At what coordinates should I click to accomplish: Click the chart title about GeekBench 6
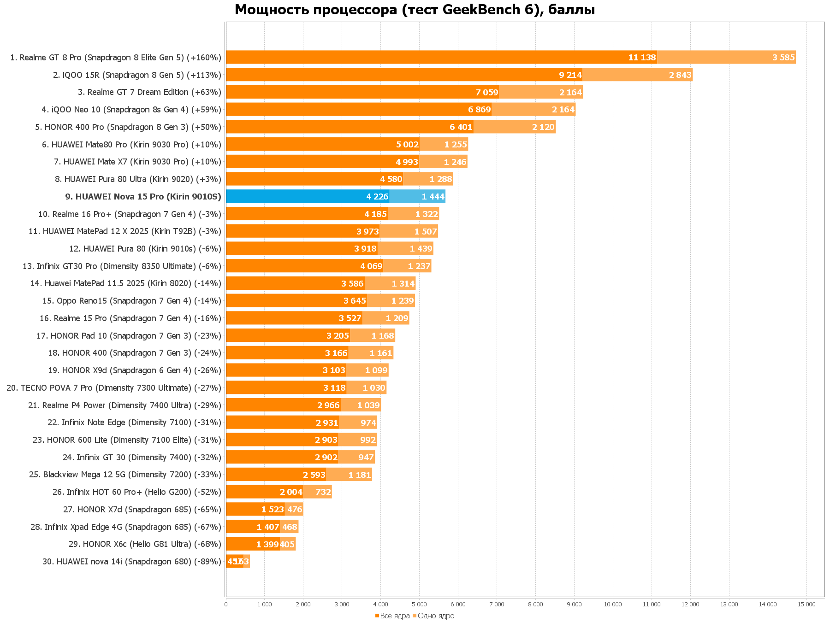tap(415, 10)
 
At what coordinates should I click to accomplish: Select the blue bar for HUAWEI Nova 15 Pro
tap(307, 197)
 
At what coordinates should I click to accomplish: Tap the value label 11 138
tap(642, 58)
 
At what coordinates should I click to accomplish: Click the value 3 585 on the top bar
tap(783, 58)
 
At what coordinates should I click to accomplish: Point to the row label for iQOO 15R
tap(137, 75)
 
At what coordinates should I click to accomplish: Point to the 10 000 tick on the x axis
tap(613, 604)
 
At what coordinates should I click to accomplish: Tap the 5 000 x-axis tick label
tap(419, 604)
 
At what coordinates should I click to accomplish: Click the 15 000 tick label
tap(806, 604)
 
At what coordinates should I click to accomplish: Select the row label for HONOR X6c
tap(145, 544)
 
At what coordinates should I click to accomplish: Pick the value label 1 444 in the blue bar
tap(433, 197)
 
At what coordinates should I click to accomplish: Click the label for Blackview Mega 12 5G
tap(125, 475)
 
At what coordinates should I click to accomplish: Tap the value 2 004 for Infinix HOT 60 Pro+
tap(291, 492)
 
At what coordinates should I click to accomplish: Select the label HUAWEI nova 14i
tap(131, 562)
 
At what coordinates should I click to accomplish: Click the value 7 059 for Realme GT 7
tap(487, 93)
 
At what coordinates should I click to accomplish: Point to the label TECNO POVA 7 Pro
tap(114, 388)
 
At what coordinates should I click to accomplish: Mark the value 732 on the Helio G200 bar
tap(323, 492)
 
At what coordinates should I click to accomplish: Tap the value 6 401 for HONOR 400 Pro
tap(461, 127)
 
